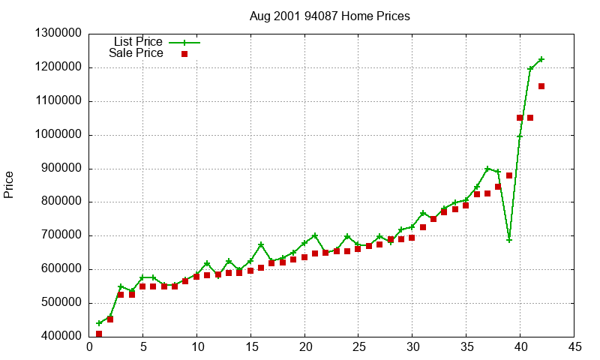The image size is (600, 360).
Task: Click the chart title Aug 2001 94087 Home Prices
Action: [330, 16]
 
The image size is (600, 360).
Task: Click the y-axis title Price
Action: [9, 184]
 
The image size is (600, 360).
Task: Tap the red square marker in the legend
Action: [184, 54]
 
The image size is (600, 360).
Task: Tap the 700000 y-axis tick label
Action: [61, 235]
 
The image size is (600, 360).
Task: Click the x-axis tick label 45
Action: [574, 347]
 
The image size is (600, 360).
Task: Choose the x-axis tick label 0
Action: [89, 347]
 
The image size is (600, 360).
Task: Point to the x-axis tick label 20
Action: [304, 347]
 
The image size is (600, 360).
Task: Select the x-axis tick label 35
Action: [466, 347]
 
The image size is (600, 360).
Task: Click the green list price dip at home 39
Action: [509, 240]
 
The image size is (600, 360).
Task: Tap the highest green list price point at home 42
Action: [541, 59]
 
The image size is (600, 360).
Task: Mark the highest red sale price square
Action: [541, 86]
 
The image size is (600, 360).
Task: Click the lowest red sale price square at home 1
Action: [99, 334]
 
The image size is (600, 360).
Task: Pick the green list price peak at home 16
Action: [261, 244]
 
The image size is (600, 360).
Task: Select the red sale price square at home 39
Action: [509, 175]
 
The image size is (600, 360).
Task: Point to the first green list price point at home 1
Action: [99, 323]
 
